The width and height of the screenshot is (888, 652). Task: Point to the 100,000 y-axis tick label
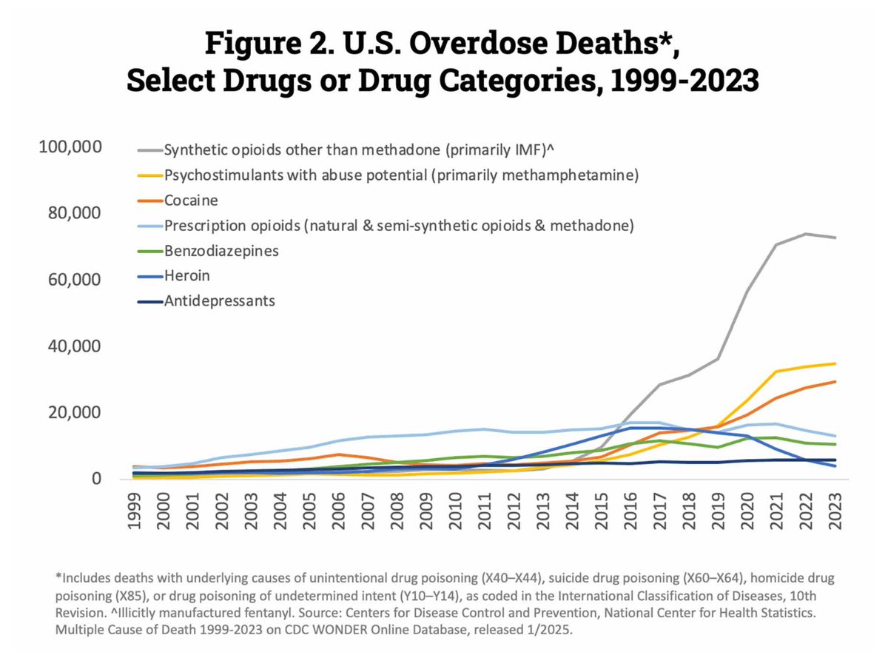[69, 147]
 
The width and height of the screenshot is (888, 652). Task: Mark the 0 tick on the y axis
[95, 480]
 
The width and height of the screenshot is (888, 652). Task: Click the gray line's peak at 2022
[806, 234]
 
